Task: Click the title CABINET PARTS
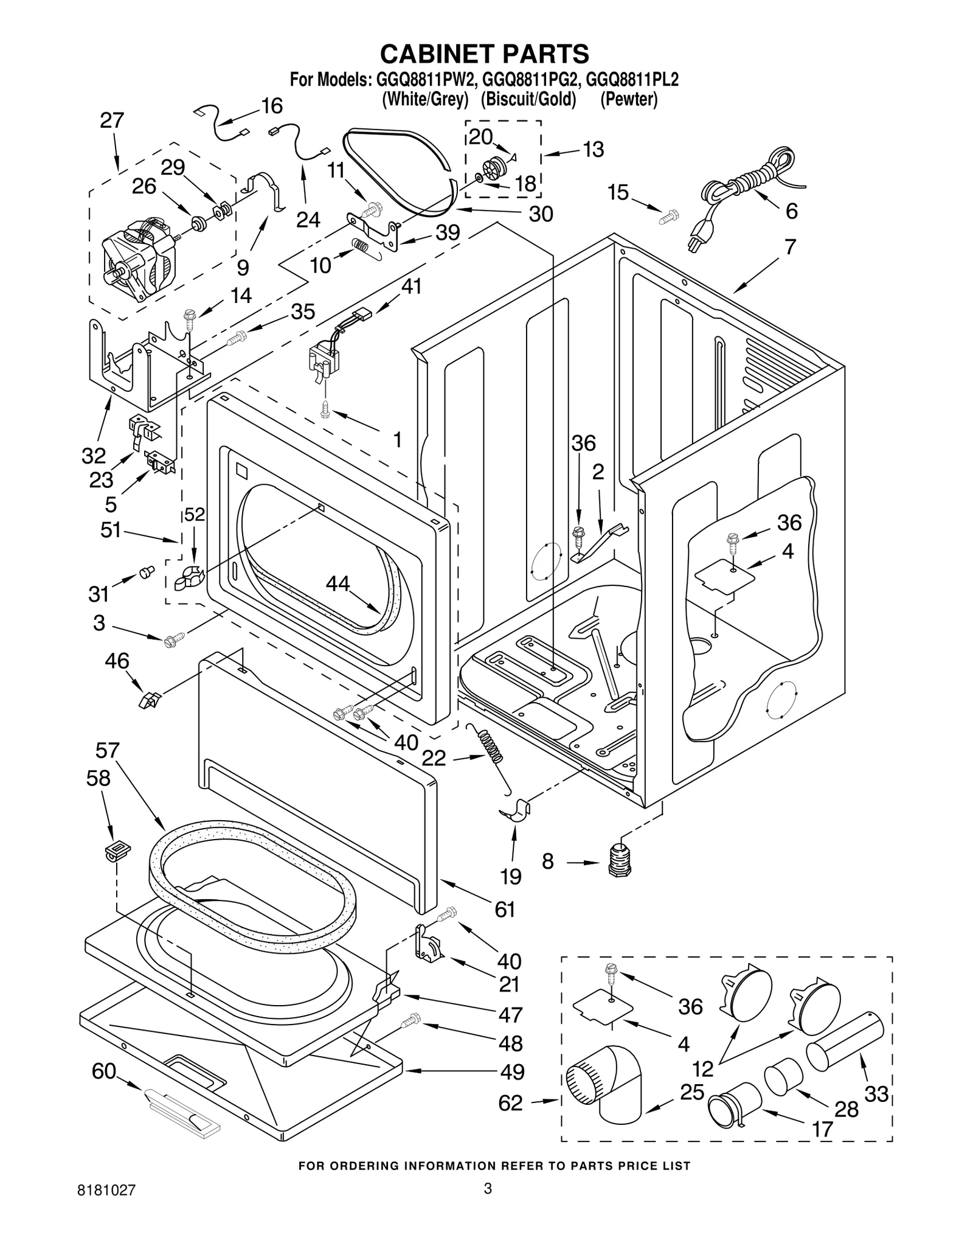(x=485, y=54)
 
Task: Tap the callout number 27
(x=112, y=120)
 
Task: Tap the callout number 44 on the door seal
(x=338, y=583)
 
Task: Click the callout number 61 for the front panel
(x=505, y=909)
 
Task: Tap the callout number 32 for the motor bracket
(x=94, y=455)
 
